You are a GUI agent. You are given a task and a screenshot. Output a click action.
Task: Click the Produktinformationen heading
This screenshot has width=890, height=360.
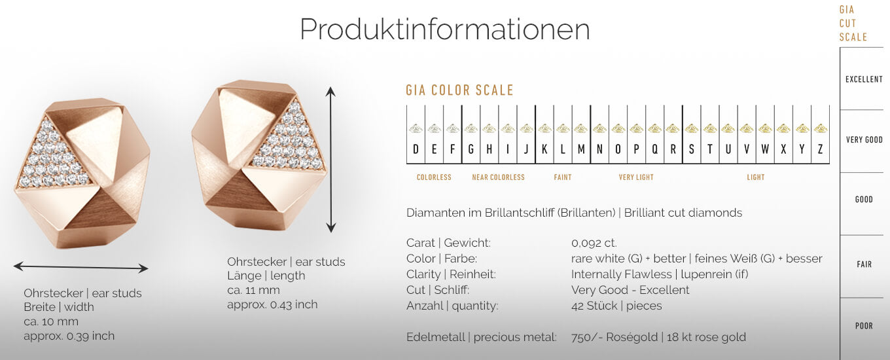point(444,29)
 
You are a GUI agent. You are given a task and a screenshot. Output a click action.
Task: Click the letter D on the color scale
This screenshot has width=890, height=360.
point(416,150)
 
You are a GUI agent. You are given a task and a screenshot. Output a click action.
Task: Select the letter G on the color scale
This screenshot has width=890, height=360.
point(471,150)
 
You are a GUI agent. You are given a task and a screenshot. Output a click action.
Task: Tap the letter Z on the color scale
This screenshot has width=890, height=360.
point(820,150)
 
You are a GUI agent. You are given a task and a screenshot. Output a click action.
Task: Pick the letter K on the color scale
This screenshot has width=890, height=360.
point(544,150)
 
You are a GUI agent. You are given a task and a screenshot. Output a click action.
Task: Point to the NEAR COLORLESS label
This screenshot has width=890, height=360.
point(498,177)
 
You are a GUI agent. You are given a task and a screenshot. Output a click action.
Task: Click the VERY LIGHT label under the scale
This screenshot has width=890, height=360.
point(636,177)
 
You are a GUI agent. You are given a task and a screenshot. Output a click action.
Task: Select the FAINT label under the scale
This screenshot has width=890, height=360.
point(562,177)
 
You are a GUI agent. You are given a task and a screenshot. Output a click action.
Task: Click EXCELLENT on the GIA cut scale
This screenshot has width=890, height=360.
point(864,79)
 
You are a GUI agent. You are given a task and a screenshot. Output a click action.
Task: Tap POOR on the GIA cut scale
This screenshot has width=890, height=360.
point(864,326)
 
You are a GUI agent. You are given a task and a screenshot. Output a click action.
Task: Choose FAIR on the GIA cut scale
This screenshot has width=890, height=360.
point(864,264)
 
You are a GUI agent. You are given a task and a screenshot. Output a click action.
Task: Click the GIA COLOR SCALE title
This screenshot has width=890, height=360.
point(459,90)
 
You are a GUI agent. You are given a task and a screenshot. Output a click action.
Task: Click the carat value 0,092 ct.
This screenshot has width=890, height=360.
point(594,243)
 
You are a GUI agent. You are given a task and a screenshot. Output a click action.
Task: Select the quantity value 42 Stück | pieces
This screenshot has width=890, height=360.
point(616,306)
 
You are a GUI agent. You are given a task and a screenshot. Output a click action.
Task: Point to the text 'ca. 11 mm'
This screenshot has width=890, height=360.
point(253,290)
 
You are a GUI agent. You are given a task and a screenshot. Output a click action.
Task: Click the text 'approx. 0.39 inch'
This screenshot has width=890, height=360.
point(69,336)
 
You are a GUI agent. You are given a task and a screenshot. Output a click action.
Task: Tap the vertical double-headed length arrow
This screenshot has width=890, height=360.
point(331,160)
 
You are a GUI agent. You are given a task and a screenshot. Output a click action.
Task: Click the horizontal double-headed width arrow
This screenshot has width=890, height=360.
point(80,267)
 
